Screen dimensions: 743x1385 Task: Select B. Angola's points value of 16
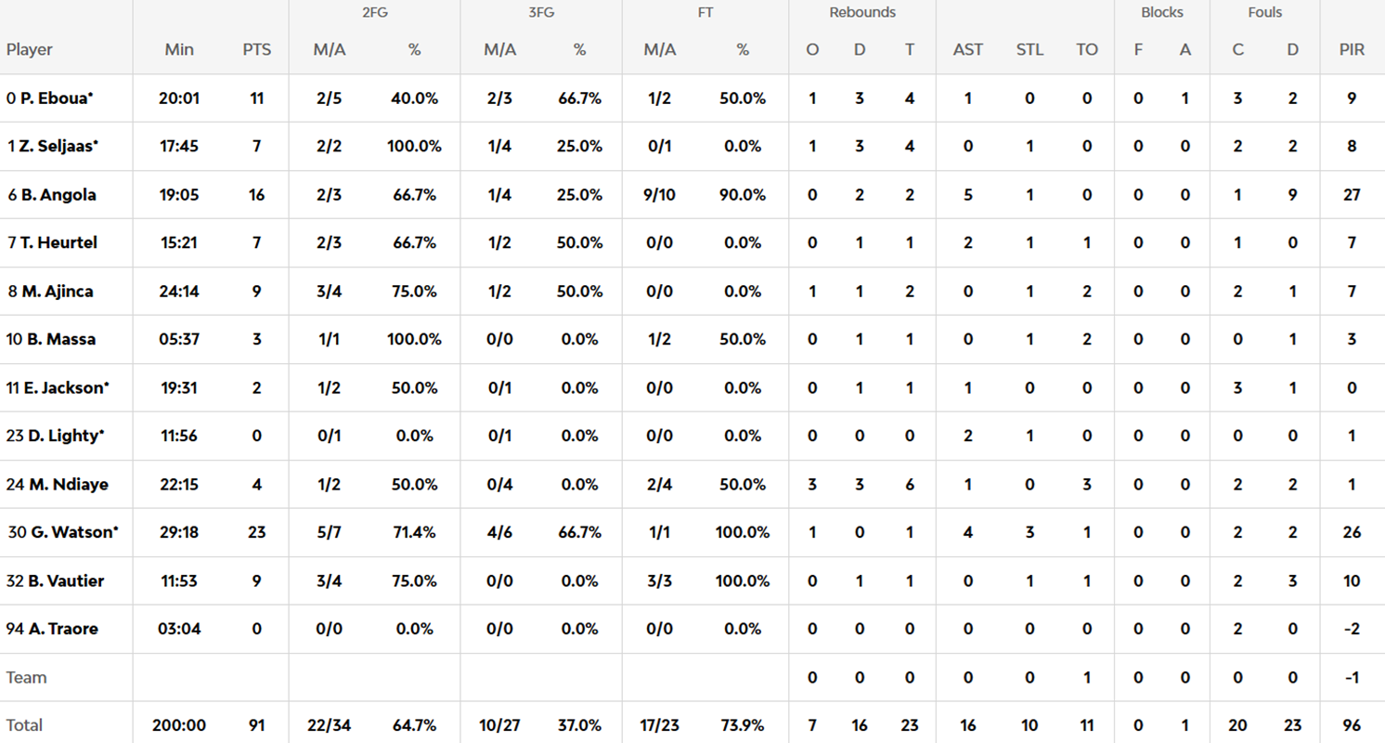point(257,194)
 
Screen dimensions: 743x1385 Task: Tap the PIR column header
point(1352,49)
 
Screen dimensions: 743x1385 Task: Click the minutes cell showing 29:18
point(179,532)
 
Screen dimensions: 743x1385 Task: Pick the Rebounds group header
point(862,13)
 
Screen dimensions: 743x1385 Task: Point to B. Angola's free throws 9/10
point(660,194)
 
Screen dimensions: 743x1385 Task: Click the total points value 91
point(257,725)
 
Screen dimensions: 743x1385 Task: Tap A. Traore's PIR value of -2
point(1352,629)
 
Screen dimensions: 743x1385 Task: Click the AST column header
point(968,49)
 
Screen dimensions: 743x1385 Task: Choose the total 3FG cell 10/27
point(499,725)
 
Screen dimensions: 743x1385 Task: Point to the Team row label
point(26,677)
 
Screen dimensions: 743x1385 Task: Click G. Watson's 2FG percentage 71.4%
point(414,532)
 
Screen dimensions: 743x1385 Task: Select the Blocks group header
point(1162,13)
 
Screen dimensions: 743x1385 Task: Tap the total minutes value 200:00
point(179,725)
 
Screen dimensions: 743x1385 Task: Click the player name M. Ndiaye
point(64,484)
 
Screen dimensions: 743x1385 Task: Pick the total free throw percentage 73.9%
point(743,725)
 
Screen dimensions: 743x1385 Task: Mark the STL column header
point(1029,49)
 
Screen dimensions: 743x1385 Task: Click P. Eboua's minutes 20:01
point(179,98)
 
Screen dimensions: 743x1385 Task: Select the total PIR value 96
point(1352,725)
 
